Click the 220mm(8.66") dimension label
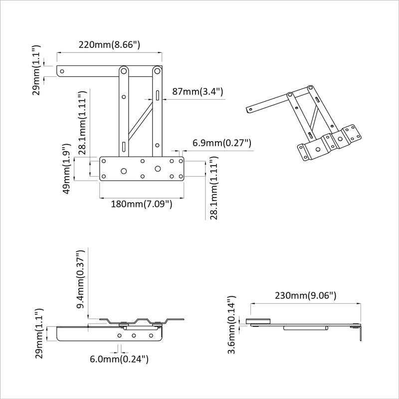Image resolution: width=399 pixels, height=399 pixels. click(x=109, y=44)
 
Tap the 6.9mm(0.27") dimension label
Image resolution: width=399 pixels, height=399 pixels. click(x=221, y=144)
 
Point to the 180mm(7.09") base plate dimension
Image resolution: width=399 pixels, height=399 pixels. click(x=136, y=204)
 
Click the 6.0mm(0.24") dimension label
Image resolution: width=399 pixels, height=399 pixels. click(x=119, y=359)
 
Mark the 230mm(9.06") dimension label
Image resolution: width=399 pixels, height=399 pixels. click(x=305, y=295)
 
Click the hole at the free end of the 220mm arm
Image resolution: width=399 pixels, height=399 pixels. click(x=62, y=71)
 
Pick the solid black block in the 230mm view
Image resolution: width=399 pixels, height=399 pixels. click(x=258, y=321)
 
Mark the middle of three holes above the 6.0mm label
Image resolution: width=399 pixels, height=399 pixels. click(x=134, y=337)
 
